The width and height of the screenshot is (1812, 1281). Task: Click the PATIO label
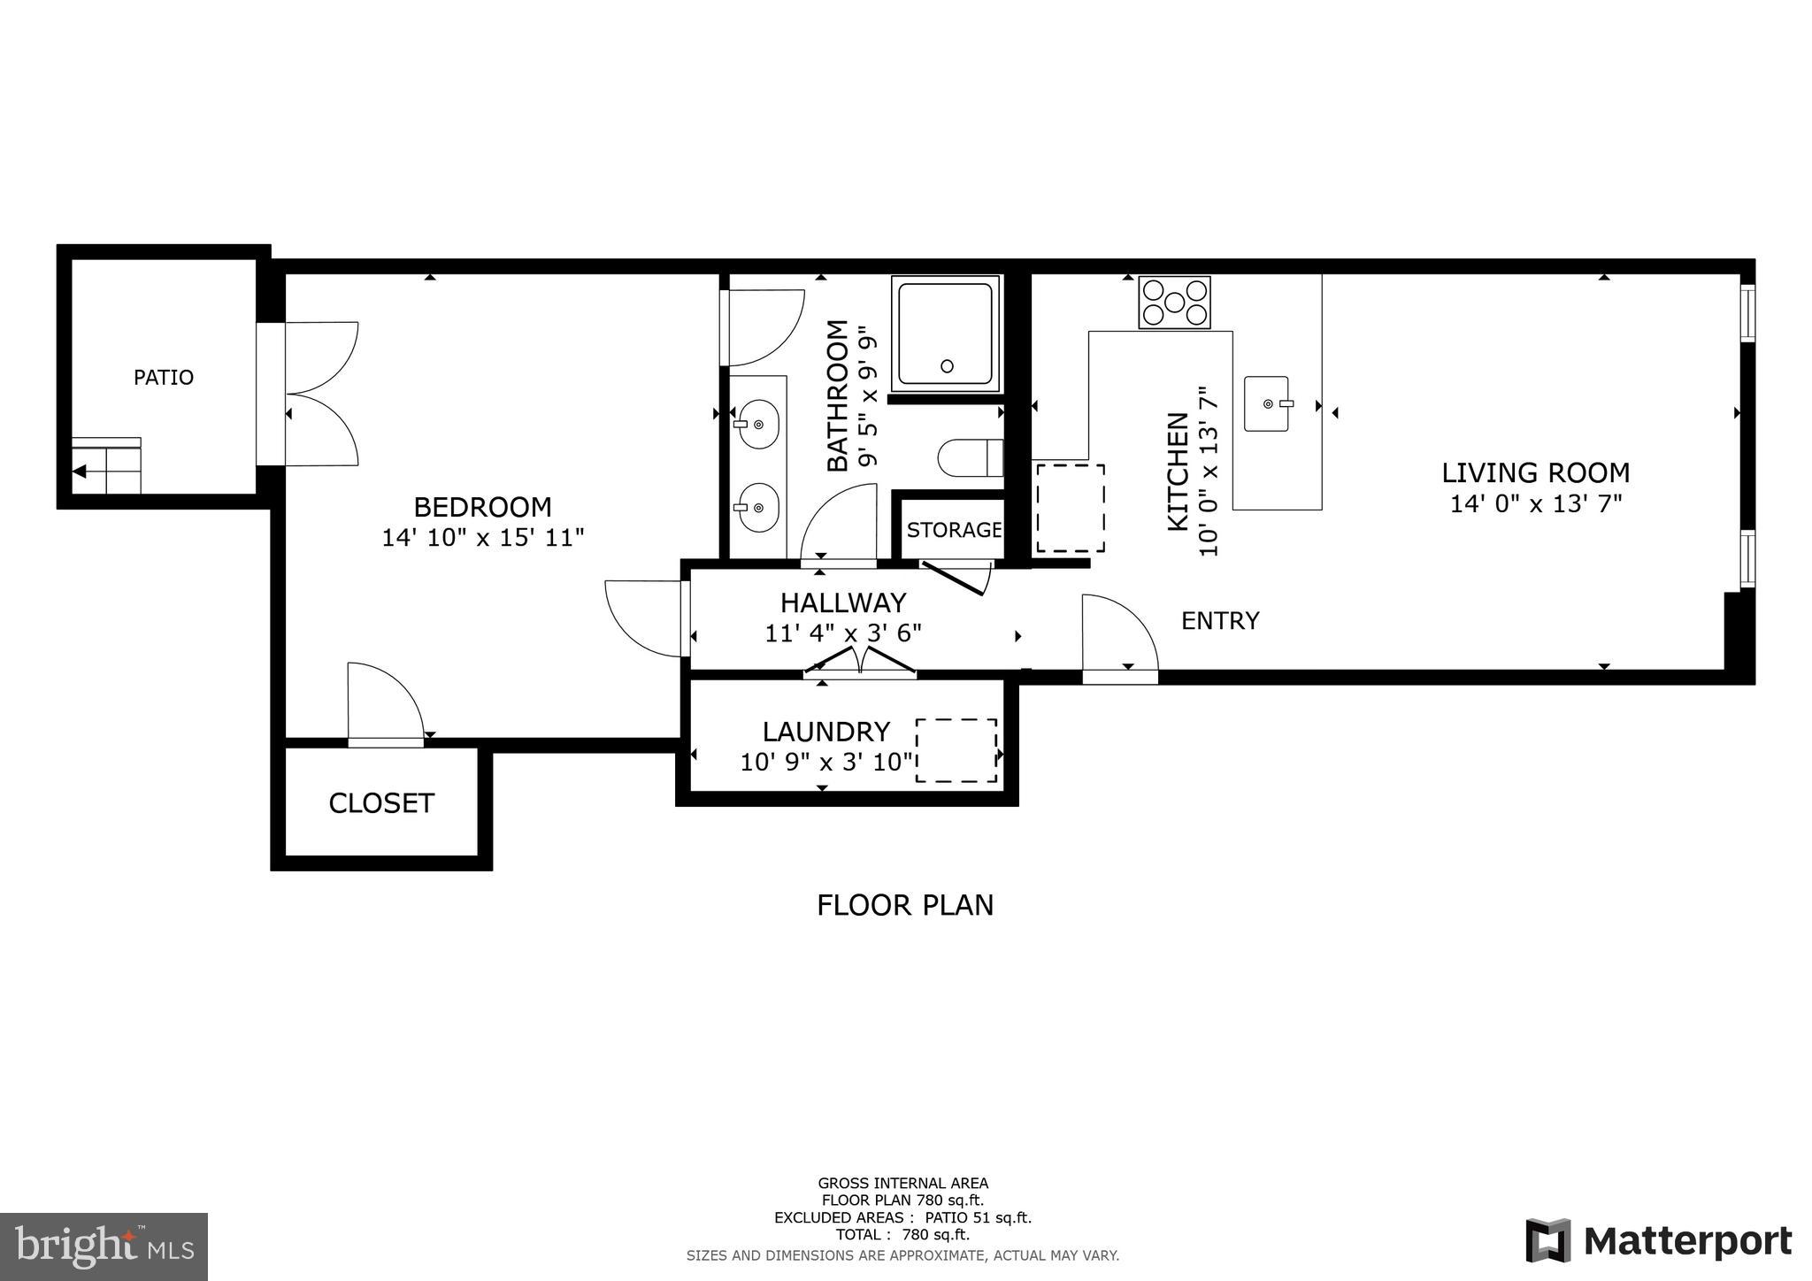tap(164, 378)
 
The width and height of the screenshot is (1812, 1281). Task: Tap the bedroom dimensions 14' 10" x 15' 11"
tap(483, 538)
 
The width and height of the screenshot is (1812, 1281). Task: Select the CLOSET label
tap(381, 803)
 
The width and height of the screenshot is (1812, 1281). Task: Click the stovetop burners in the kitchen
tap(1174, 303)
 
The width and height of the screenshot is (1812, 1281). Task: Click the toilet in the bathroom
tap(970, 458)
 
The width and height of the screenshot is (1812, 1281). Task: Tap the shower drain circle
tap(947, 365)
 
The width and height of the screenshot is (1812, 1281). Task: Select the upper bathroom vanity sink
tap(757, 424)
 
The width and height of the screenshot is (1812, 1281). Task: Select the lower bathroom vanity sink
tap(757, 508)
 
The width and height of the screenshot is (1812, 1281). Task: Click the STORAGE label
tap(954, 531)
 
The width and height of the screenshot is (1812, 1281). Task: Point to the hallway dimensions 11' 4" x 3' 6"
tap(843, 633)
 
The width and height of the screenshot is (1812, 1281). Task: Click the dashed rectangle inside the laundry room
tap(956, 750)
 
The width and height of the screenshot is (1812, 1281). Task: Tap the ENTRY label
tap(1220, 621)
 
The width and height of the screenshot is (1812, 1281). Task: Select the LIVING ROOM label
tap(1535, 473)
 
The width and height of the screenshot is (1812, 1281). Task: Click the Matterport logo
tap(1659, 1240)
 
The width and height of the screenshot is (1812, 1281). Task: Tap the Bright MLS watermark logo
tap(104, 1246)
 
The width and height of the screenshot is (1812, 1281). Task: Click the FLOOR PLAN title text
tap(904, 906)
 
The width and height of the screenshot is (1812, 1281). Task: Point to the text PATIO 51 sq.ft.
tap(978, 1218)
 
